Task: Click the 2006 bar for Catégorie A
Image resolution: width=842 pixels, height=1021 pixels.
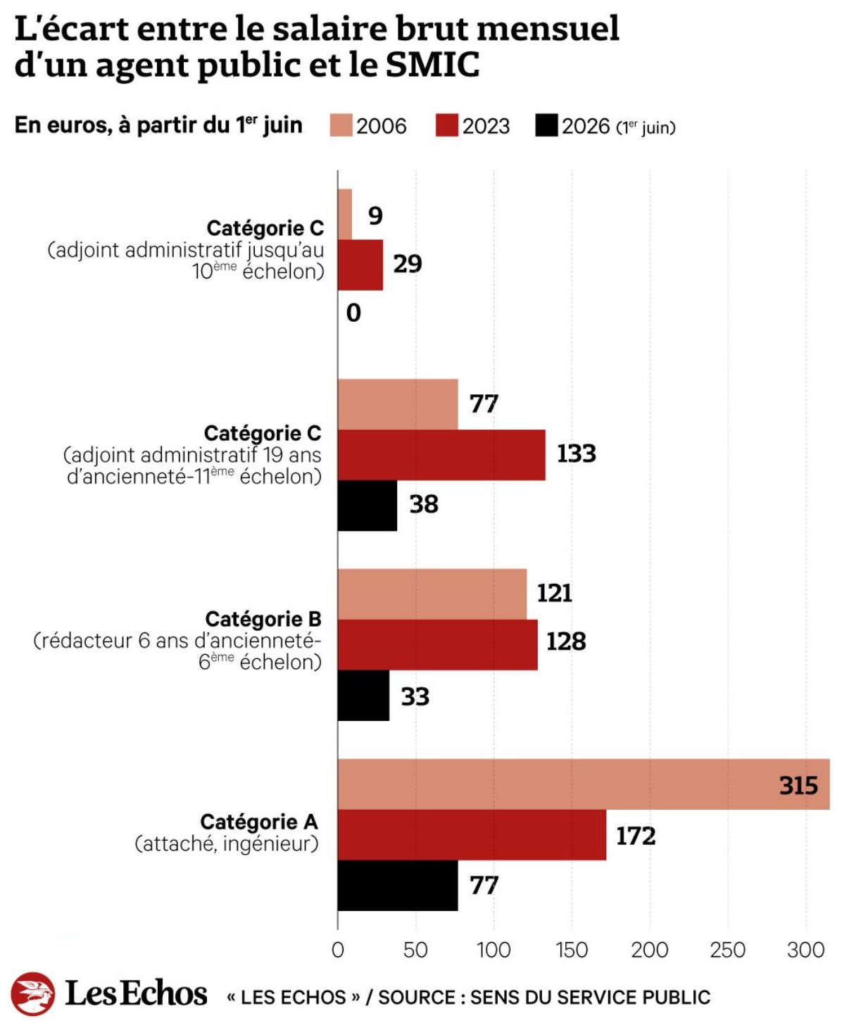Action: pyautogui.click(x=584, y=784)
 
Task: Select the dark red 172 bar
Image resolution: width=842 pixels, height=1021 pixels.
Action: pyautogui.click(x=472, y=834)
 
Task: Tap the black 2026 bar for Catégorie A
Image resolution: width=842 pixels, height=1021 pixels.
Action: pyautogui.click(x=398, y=885)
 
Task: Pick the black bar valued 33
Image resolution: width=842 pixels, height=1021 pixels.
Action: pyautogui.click(x=364, y=696)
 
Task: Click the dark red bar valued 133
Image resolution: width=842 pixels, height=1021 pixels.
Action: pyautogui.click(x=441, y=455)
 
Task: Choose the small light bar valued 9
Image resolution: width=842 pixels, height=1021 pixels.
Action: pyautogui.click(x=345, y=214)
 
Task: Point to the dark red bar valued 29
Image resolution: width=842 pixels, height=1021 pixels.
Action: pyautogui.click(x=360, y=265)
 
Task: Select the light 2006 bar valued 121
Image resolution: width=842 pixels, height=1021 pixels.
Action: pyautogui.click(x=432, y=594)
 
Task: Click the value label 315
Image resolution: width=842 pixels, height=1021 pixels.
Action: pyautogui.click(x=798, y=786)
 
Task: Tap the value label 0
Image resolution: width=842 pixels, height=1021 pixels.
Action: pyautogui.click(x=353, y=313)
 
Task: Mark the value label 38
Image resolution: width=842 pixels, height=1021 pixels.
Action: pyautogui.click(x=424, y=504)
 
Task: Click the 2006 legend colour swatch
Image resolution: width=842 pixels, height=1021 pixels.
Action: pyautogui.click(x=341, y=125)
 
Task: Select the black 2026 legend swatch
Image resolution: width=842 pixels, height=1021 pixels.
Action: pyautogui.click(x=546, y=125)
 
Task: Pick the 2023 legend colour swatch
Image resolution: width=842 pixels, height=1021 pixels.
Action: pyautogui.click(x=446, y=125)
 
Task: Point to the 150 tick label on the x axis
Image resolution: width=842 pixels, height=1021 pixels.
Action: pyautogui.click(x=572, y=950)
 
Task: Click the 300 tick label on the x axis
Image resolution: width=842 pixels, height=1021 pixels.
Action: pyautogui.click(x=806, y=950)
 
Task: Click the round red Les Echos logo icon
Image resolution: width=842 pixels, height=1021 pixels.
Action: pyautogui.click(x=33, y=994)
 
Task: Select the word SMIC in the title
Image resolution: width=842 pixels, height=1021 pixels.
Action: pyautogui.click(x=433, y=65)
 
